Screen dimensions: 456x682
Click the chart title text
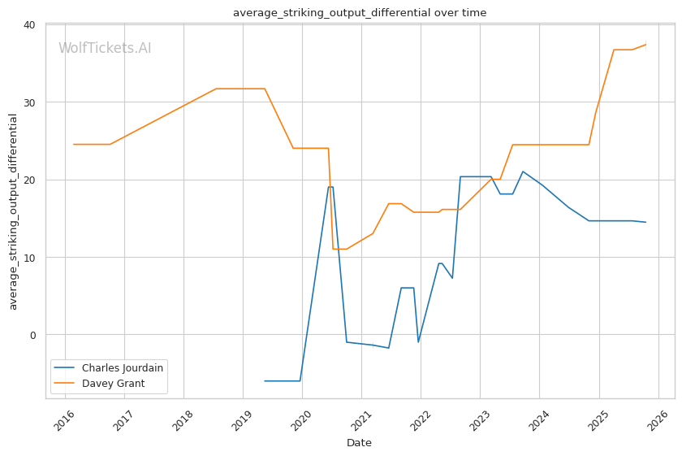pos(360,12)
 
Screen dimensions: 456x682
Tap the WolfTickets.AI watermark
pos(105,49)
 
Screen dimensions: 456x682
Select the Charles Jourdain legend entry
pos(123,367)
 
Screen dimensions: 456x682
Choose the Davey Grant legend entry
pos(114,383)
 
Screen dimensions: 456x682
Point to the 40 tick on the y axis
pos(28,24)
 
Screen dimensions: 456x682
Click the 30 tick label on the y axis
pos(28,102)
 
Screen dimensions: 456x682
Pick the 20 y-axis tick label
pos(28,180)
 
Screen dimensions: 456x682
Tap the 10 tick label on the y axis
pos(28,258)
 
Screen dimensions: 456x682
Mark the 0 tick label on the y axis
pos(32,335)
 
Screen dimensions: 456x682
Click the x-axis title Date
pos(359,443)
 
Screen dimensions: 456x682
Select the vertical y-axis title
pos(13,211)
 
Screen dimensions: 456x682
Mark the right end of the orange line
pos(645,45)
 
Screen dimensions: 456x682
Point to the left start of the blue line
pos(265,380)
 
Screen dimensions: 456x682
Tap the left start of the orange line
pos(74,144)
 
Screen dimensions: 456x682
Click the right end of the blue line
pos(645,222)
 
